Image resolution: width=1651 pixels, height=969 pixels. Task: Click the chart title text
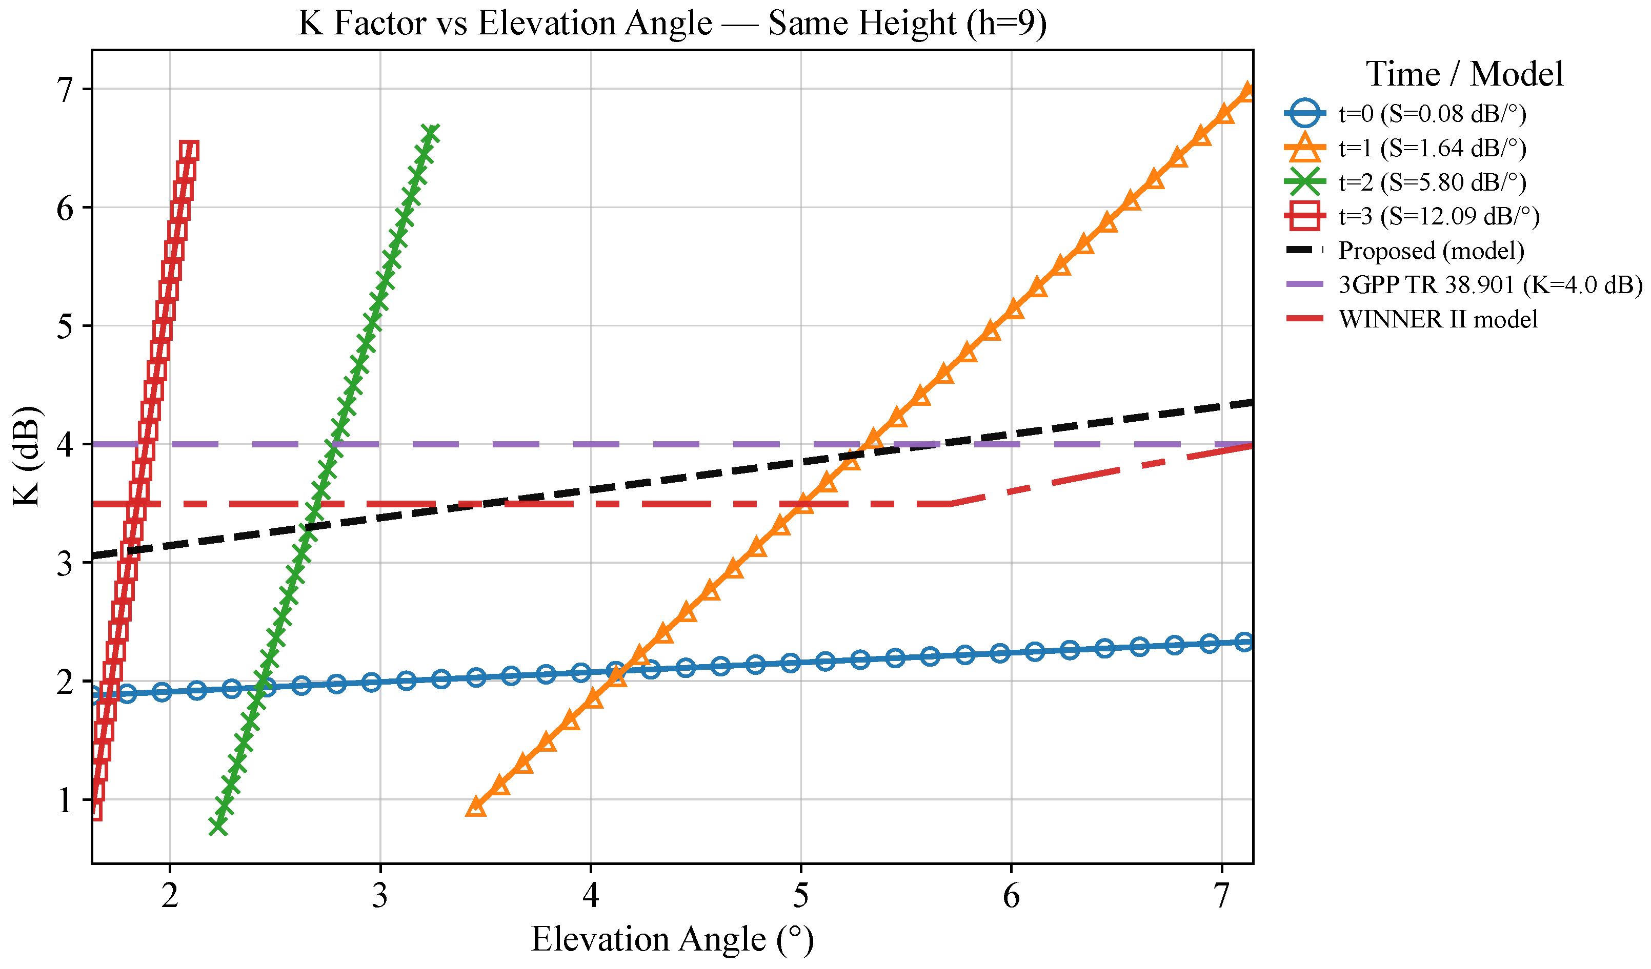coord(672,24)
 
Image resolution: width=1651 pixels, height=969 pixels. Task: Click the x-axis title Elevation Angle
coord(672,940)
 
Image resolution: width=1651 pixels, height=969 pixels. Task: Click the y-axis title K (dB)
coord(28,457)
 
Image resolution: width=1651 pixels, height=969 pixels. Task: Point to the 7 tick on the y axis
coord(66,90)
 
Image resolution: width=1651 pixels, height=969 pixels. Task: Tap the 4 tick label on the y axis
coord(66,445)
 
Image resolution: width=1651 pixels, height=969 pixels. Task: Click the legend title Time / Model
coord(1464,74)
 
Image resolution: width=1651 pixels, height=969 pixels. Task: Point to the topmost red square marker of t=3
coord(189,151)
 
